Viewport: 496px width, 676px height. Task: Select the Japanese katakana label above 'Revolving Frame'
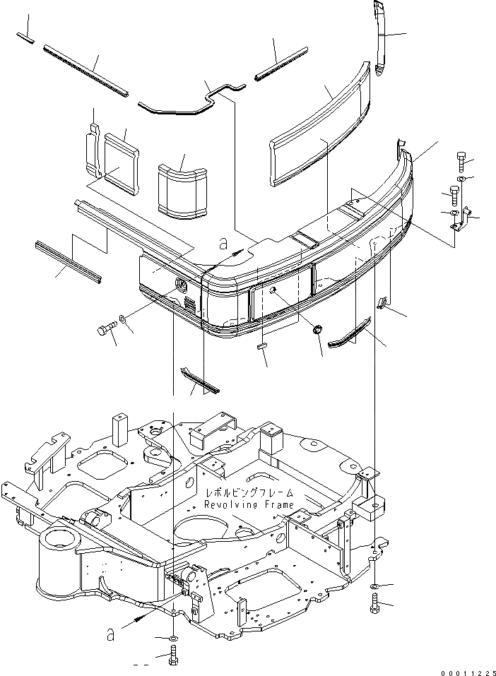[x=248, y=493]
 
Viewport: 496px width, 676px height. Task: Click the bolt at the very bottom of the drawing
[x=174, y=657]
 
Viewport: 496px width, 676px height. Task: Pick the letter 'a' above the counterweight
[x=223, y=244]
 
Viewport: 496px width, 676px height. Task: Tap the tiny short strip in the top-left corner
[x=25, y=40]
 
